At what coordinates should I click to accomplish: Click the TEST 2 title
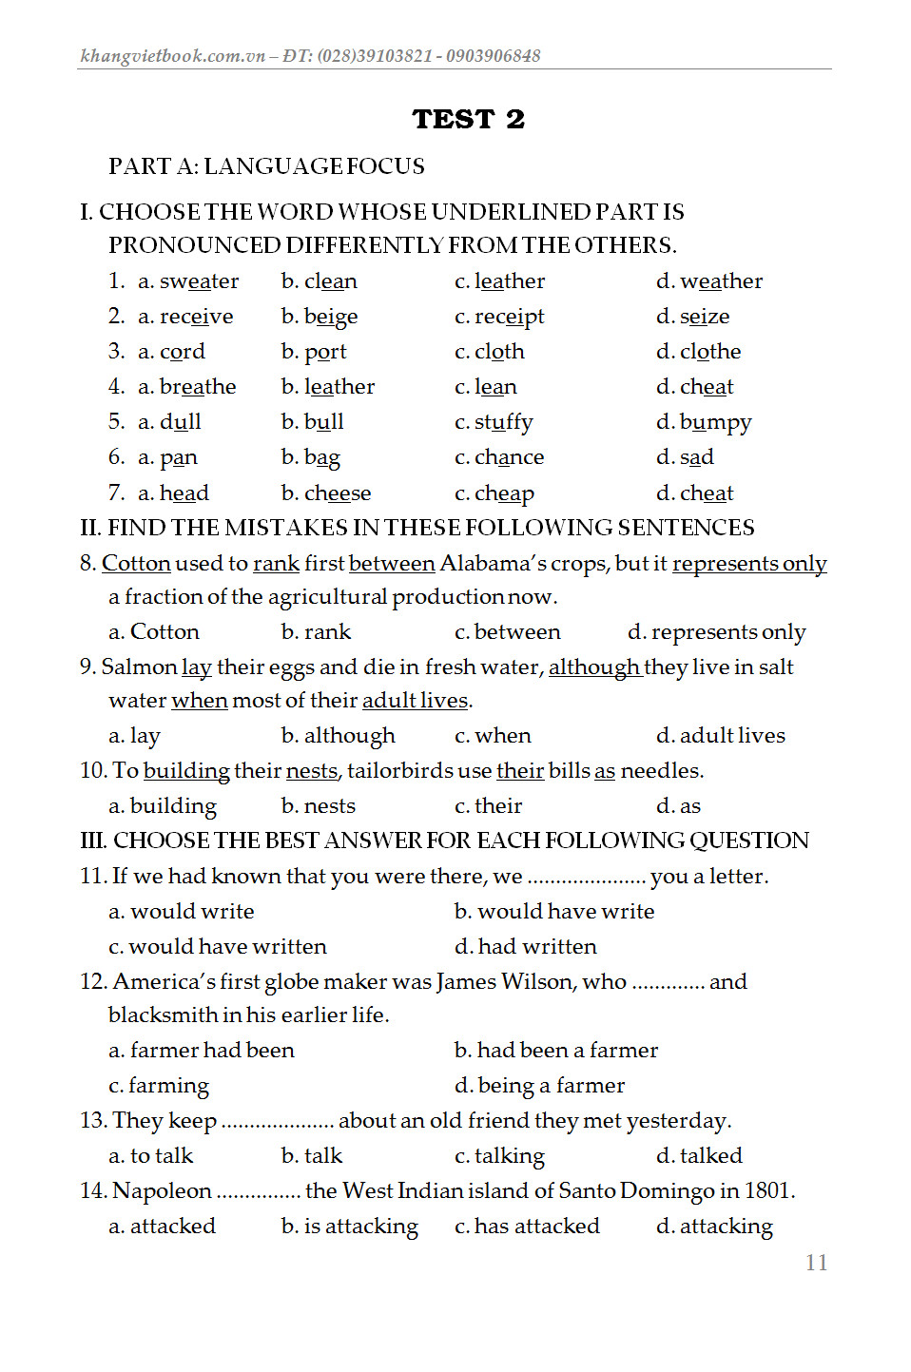[x=468, y=119]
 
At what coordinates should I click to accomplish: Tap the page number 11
[x=816, y=1263]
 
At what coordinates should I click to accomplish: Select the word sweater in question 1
[x=199, y=281]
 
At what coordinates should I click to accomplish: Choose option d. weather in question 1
[x=709, y=281]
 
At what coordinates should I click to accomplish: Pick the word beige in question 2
[x=331, y=317]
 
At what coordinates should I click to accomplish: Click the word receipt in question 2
[x=509, y=317]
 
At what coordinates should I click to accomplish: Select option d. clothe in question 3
[x=699, y=352]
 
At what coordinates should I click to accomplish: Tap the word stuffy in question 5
[x=503, y=422]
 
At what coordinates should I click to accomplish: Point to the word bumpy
[x=715, y=422]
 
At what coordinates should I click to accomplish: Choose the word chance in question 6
[x=509, y=457]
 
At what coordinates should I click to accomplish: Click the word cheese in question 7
[x=338, y=493]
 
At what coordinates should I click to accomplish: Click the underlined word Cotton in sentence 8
[x=136, y=563]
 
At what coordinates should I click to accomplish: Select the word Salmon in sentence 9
[x=139, y=667]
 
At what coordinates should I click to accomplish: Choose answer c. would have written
[x=218, y=946]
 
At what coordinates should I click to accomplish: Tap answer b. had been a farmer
[x=556, y=1050]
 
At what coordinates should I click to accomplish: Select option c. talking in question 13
[x=500, y=1156]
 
